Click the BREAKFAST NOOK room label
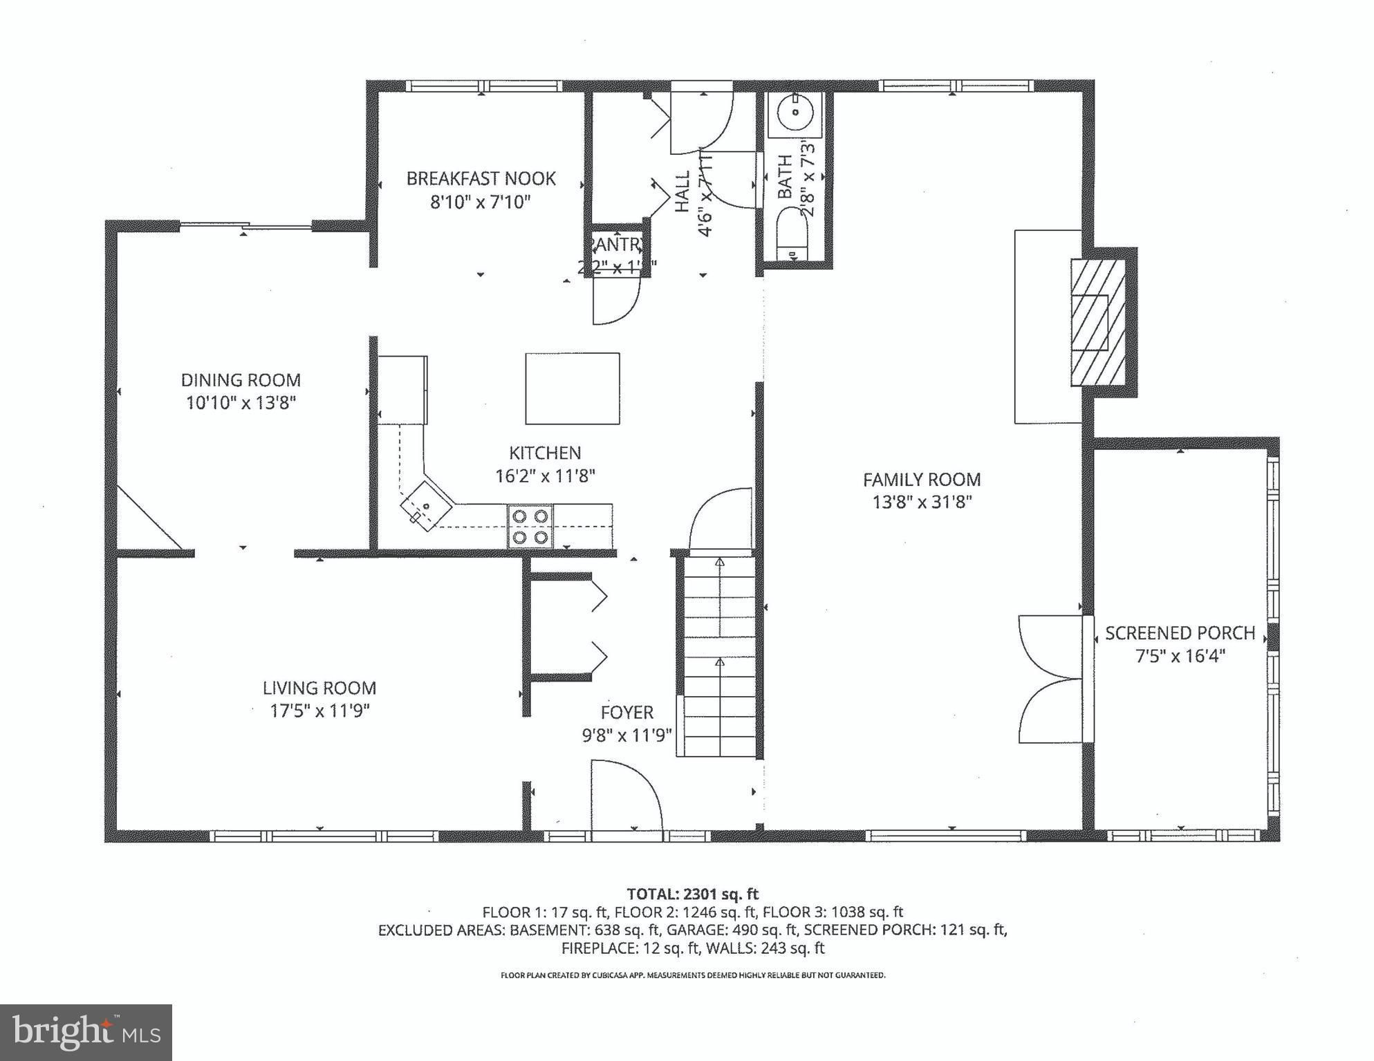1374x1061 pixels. tap(481, 178)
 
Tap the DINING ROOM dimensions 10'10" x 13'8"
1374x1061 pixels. tap(241, 403)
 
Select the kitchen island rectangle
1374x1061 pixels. tap(572, 388)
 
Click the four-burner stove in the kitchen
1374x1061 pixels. tap(530, 527)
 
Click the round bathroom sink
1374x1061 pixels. tap(795, 113)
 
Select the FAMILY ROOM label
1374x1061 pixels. tap(922, 479)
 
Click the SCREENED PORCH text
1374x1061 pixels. tap(1180, 632)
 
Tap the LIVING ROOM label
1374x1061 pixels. tap(319, 688)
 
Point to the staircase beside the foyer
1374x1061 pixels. tap(718, 657)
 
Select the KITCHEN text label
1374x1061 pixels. tap(545, 453)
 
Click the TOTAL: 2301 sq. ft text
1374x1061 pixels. tap(692, 894)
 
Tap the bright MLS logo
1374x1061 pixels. tap(86, 1032)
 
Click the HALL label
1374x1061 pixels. tap(683, 191)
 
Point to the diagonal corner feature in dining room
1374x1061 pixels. tap(149, 518)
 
